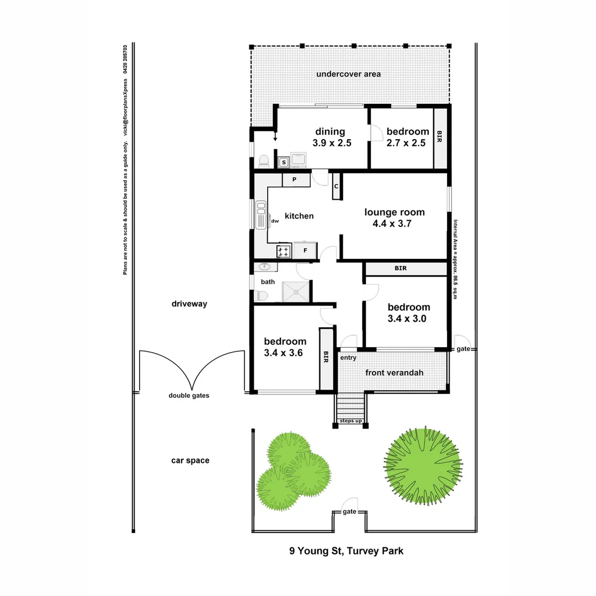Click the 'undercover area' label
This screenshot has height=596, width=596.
348,74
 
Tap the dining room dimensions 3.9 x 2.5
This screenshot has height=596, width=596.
330,142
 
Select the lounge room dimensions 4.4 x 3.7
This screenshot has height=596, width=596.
394,223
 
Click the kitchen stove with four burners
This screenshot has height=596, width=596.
284,251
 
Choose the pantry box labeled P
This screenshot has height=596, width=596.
295,180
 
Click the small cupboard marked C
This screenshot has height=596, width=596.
336,186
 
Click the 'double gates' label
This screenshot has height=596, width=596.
189,395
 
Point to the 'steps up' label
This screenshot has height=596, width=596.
350,421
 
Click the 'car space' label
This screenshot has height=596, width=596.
190,460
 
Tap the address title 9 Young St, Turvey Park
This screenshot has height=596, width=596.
347,551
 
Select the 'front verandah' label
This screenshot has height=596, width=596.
394,373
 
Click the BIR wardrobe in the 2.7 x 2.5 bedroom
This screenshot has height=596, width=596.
440,138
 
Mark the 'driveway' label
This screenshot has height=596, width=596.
189,304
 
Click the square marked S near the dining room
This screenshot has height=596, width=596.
283,162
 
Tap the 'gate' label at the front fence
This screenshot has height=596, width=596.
349,512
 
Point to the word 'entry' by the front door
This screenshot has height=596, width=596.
348,358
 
